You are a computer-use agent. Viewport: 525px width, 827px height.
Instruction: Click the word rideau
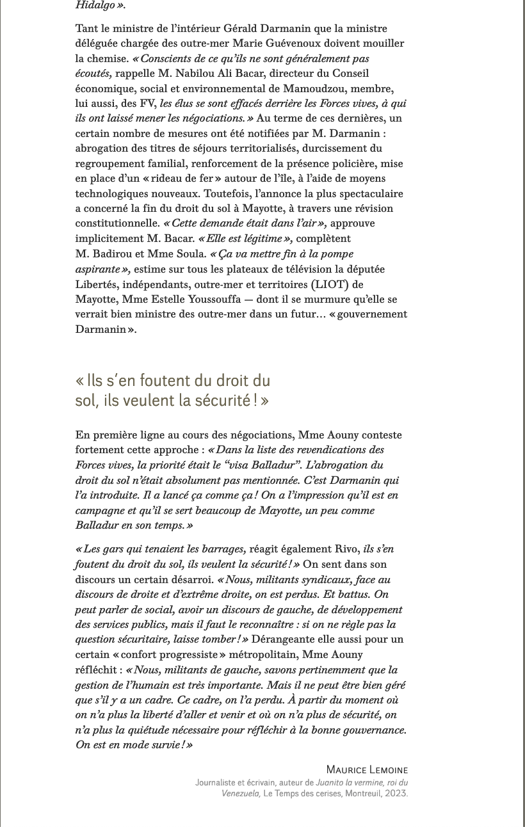[183, 178]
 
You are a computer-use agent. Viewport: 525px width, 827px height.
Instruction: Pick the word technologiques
[111, 193]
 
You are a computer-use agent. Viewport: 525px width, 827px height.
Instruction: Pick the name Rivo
[346, 549]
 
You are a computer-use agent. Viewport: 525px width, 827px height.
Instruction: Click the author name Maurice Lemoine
[367, 769]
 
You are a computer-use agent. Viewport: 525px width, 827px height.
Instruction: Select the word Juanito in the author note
[330, 782]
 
